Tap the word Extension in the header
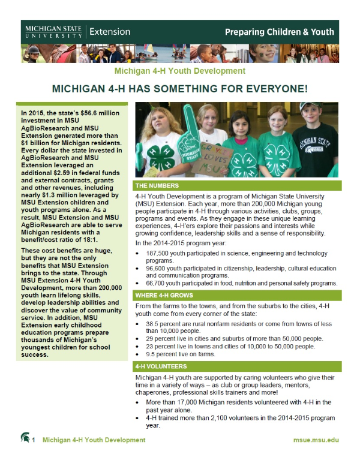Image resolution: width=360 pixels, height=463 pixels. [110, 31]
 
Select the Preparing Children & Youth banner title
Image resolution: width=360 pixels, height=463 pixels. [281, 31]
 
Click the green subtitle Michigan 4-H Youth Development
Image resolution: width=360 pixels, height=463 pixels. [179, 71]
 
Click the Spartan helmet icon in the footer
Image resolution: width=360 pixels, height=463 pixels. [25, 438]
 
